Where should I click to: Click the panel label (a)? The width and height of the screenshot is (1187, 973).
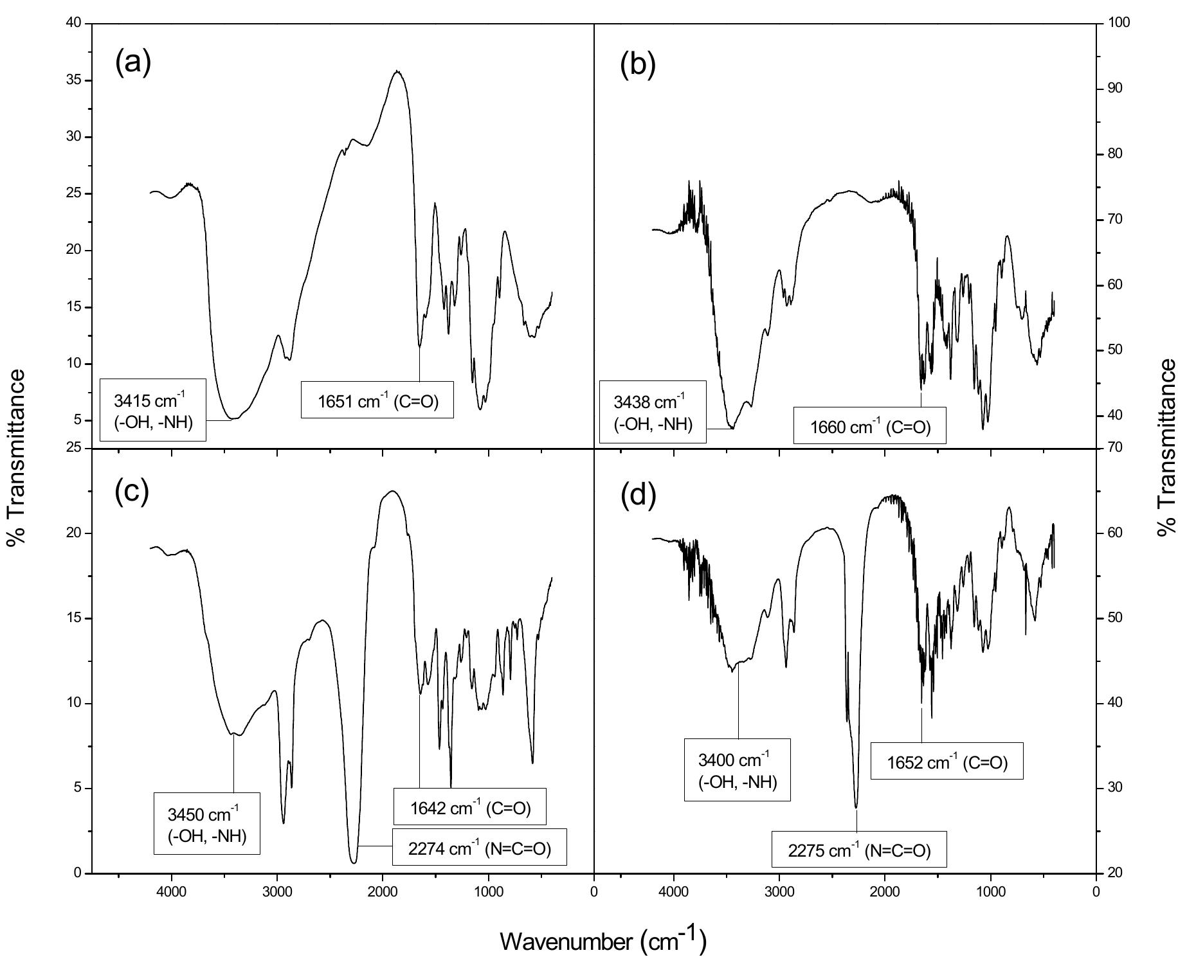(133, 63)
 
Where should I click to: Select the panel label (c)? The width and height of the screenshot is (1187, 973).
(132, 491)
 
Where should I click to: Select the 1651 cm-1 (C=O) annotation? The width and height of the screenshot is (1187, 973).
(377, 401)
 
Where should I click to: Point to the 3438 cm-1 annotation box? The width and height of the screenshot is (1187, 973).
(653, 412)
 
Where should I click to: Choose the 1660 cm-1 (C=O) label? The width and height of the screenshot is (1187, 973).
(870, 425)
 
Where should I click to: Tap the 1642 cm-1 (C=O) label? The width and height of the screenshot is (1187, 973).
(470, 807)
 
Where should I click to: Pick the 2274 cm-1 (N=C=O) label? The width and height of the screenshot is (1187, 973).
(479, 848)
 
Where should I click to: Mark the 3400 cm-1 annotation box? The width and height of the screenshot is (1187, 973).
(738, 770)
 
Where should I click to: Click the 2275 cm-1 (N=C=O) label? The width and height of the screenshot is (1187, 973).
(859, 850)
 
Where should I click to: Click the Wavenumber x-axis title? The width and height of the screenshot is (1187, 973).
(603, 941)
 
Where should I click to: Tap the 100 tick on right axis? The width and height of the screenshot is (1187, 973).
(1119, 23)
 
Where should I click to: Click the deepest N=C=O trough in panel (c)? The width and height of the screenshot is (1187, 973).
(354, 862)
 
